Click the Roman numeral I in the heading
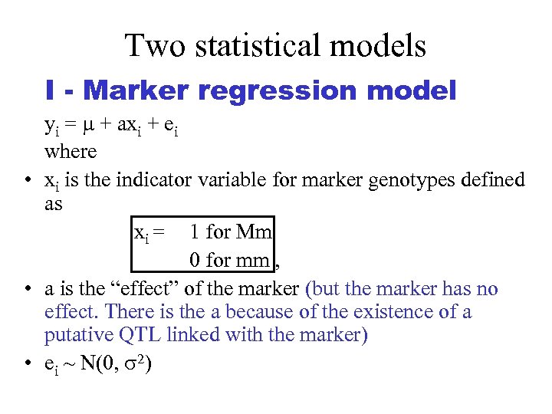(50, 91)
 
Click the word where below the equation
(71, 152)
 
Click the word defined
(491, 181)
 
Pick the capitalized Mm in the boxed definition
(254, 232)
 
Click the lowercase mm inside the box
(252, 260)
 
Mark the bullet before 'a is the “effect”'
(28, 290)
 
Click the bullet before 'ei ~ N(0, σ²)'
(28, 363)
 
